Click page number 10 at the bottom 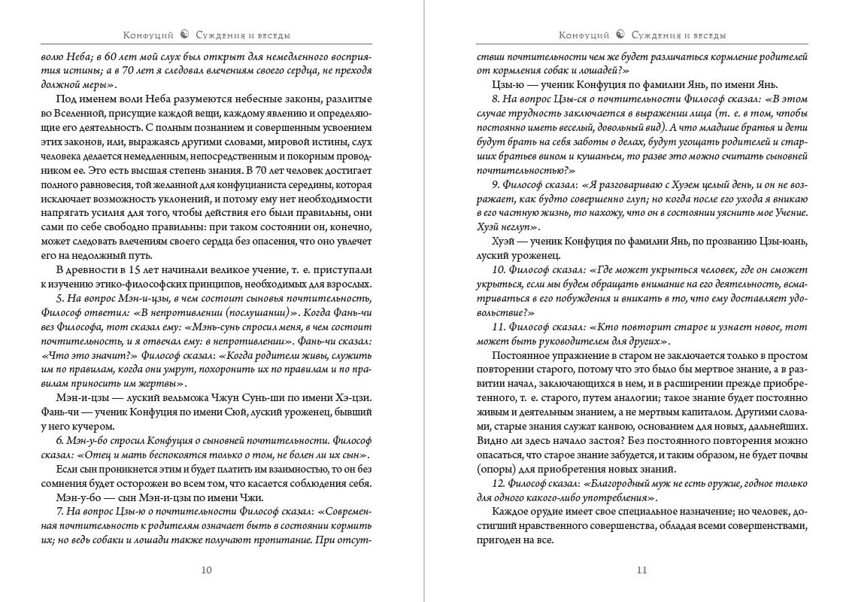[207, 570]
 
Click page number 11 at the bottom [641, 570]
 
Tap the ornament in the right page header [620, 35]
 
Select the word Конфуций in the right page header [584, 35]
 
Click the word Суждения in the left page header [219, 35]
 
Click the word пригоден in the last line [501, 540]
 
